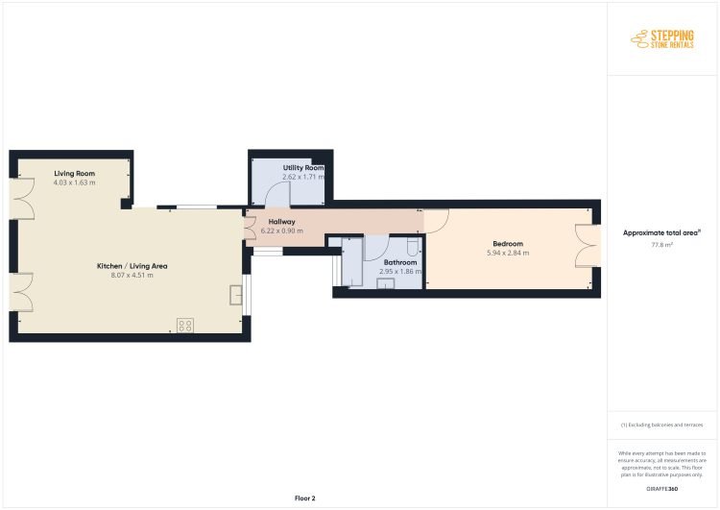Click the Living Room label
pyautogui.click(x=74, y=173)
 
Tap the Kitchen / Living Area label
pyautogui.click(x=132, y=266)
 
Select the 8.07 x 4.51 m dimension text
pyautogui.click(x=132, y=276)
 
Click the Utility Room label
pyautogui.click(x=303, y=168)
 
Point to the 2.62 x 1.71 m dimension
pyautogui.click(x=303, y=177)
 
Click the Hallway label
pyautogui.click(x=282, y=222)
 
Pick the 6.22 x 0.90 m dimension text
pyautogui.click(x=282, y=231)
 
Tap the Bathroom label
pyautogui.click(x=400, y=262)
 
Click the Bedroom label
pyautogui.click(x=508, y=244)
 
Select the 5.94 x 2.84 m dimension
pyautogui.click(x=508, y=253)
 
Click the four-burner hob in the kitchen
pyautogui.click(x=185, y=326)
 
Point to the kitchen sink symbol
pyautogui.click(x=236, y=295)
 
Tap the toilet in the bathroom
pyautogui.click(x=413, y=247)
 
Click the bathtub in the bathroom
pyautogui.click(x=352, y=262)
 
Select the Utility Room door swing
pyautogui.click(x=277, y=193)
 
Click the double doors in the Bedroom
pyautogui.click(x=588, y=246)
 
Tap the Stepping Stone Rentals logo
pyautogui.click(x=662, y=39)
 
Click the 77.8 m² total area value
pyautogui.click(x=661, y=245)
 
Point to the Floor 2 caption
pyautogui.click(x=305, y=498)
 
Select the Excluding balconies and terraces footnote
pyautogui.click(x=661, y=425)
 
